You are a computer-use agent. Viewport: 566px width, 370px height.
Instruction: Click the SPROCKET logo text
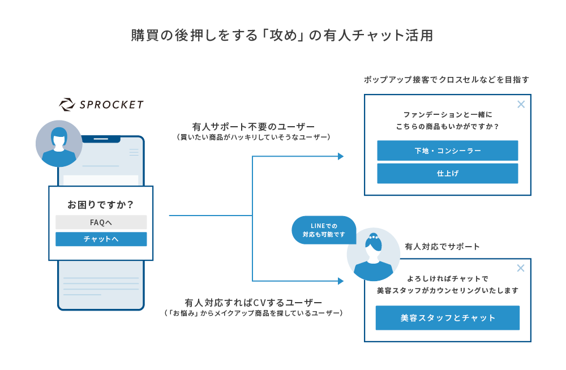pos(111,105)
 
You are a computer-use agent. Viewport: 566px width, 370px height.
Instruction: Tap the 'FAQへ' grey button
pos(101,222)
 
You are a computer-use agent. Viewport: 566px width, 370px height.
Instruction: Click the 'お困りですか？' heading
pos(101,205)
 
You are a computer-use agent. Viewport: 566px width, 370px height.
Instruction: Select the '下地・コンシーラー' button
pos(448,150)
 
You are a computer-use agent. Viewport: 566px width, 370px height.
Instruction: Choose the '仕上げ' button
pos(448,173)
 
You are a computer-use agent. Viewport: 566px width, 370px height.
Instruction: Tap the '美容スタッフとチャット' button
pos(448,317)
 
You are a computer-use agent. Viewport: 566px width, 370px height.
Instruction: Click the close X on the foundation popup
pos(521,104)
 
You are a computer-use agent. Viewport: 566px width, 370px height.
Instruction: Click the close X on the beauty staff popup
pos(521,268)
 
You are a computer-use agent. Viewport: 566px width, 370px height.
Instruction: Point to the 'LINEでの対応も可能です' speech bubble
pos(324,230)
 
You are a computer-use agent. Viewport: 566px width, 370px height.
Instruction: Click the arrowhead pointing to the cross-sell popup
pos(341,156)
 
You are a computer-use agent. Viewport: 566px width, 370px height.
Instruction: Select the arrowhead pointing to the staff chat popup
pos(341,281)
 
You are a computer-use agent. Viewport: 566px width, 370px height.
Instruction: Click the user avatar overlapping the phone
pos(59,144)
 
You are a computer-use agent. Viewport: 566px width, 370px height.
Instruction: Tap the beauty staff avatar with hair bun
pos(373,255)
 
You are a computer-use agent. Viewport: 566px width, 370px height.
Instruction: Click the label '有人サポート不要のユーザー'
pos(254,127)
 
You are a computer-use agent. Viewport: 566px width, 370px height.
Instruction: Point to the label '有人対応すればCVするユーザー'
pos(254,303)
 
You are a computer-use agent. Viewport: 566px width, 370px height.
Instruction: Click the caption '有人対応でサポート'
pos(442,247)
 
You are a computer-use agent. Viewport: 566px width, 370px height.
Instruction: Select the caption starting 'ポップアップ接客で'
pos(447,79)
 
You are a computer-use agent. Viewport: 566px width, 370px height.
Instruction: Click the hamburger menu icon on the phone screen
pos(134,152)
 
